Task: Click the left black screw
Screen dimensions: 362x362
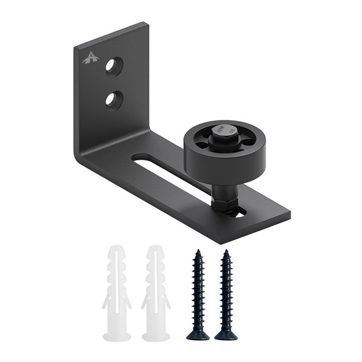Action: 198,293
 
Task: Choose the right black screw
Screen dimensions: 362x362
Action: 225,293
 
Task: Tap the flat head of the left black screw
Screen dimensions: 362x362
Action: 198,336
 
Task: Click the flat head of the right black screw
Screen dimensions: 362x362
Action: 226,336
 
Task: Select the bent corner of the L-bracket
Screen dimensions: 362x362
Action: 81,159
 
